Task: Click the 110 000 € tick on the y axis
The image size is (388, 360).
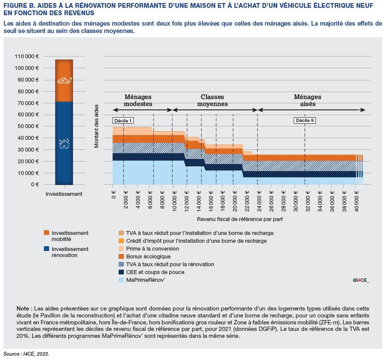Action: point(27,56)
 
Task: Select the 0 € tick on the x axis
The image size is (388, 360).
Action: point(114,192)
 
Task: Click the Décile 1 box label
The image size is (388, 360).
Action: point(123,120)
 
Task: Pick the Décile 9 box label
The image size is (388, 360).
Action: point(305,120)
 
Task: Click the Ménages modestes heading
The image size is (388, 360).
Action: point(138,101)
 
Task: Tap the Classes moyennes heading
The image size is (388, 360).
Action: point(212,101)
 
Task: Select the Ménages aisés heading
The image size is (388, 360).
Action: point(307,101)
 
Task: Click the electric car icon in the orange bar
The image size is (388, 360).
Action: point(64,81)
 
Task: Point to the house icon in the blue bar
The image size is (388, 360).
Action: point(64,143)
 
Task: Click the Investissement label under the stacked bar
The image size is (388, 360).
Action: point(64,194)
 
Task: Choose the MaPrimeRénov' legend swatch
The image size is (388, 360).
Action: point(122,280)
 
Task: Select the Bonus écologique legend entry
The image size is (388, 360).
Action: point(148,257)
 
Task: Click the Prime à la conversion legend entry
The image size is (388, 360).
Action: point(152,249)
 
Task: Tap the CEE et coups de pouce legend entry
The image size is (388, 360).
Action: point(155,272)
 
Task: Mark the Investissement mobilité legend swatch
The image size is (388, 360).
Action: point(47,233)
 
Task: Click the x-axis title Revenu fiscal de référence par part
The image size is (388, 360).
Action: point(240,219)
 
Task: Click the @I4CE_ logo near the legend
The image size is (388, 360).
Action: point(360,281)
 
